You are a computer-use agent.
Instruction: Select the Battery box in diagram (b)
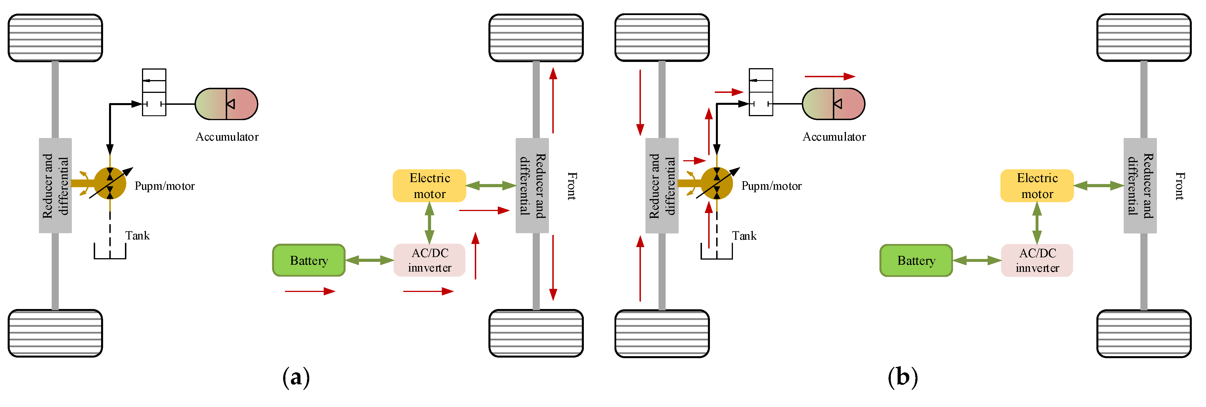coord(916,260)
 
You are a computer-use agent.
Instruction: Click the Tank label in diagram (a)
coord(137,235)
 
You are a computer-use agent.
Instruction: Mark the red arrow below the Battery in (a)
coord(310,291)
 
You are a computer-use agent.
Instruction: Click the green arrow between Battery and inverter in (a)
coord(369,260)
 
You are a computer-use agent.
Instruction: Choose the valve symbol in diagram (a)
coord(154,92)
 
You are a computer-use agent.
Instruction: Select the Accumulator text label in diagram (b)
coord(834,137)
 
